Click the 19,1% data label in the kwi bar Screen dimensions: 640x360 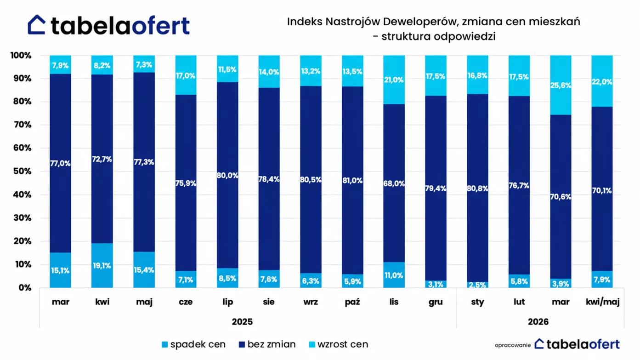pyautogui.click(x=102, y=266)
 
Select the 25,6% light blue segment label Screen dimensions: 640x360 pyautogui.click(x=561, y=86)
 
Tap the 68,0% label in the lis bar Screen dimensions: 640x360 pyautogui.click(x=394, y=183)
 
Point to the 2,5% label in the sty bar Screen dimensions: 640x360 pyautogui.click(x=477, y=285)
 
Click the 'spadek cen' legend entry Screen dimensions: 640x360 pyautogui.click(x=194, y=344)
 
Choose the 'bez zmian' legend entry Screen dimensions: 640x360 pyautogui.click(x=267, y=344)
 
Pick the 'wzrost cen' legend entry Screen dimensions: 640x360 pyautogui.click(x=339, y=344)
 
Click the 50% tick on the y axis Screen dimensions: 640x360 pyautogui.click(x=23, y=171)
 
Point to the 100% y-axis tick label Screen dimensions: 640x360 pyautogui.click(x=21, y=56)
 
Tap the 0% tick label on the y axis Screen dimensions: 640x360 pyautogui.click(x=25, y=288)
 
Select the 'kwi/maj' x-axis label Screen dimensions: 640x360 pyautogui.click(x=602, y=302)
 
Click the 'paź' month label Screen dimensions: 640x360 pyautogui.click(x=352, y=302)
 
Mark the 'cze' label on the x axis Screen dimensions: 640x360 pyautogui.click(x=186, y=302)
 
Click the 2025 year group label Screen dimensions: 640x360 pyautogui.click(x=242, y=322)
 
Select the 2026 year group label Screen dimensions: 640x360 pyautogui.click(x=538, y=322)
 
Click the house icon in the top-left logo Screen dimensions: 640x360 pyautogui.click(x=37, y=25)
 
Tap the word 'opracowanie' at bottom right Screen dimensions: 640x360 pyautogui.click(x=513, y=345)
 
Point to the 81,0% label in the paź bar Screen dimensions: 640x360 pyautogui.click(x=352, y=181)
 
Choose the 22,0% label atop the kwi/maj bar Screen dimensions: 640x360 pyautogui.click(x=602, y=82)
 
